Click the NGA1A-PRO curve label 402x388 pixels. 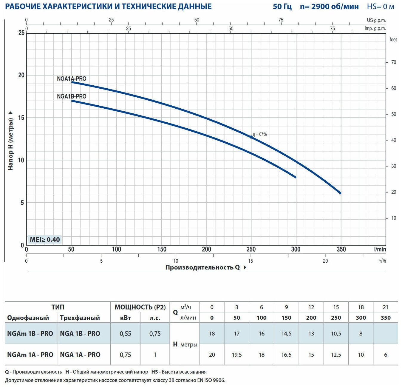(x=72, y=79)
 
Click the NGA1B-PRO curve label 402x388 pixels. (x=72, y=96)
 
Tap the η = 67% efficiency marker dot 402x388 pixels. (x=251, y=137)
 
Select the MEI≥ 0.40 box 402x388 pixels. (x=45, y=239)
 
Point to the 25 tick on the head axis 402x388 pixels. (x=21, y=33)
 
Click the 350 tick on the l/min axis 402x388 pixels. (x=341, y=250)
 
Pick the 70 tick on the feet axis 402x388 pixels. (x=394, y=62)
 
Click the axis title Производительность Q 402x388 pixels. (x=203, y=267)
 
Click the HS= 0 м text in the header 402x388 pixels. (x=381, y=7)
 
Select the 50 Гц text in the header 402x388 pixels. (x=282, y=7)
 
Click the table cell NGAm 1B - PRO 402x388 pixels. (x=30, y=333)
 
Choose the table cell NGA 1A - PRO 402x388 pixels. (x=80, y=355)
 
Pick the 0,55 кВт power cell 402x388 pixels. (x=126, y=333)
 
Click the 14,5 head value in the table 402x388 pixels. (x=286, y=333)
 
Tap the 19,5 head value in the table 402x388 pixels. (x=237, y=355)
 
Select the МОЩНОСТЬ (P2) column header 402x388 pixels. (x=140, y=307)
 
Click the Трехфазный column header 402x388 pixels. (x=80, y=318)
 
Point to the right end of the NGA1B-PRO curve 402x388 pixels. (x=296, y=177)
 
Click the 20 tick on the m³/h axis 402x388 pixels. (x=325, y=261)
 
